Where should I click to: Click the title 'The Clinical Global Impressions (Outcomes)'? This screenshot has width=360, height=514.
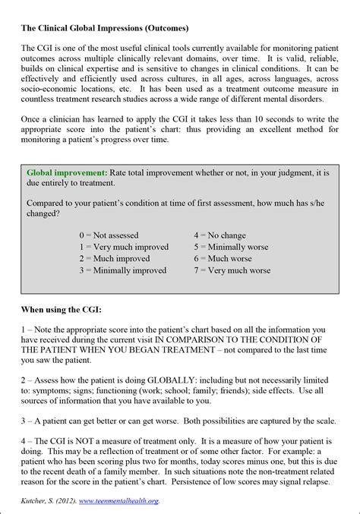click(x=105, y=29)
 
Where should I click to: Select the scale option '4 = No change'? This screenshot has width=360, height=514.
click(x=219, y=235)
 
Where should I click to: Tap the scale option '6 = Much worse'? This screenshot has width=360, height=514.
click(x=223, y=258)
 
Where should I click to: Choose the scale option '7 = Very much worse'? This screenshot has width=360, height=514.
click(x=232, y=270)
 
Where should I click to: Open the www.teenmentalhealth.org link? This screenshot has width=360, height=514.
click(x=122, y=501)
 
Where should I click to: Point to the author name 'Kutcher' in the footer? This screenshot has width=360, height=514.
click(x=36, y=501)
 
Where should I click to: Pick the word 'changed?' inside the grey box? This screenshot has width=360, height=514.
click(x=43, y=214)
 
